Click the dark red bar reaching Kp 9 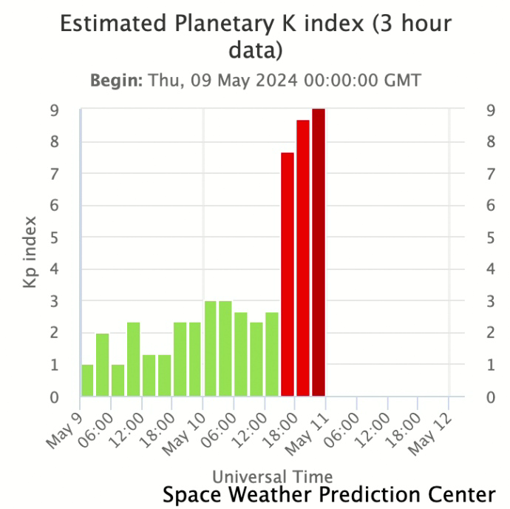point(319,252)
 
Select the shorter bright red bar point(288,274)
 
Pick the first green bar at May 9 point(87,380)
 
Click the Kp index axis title point(30,252)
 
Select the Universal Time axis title point(272,476)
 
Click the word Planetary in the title point(213,24)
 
